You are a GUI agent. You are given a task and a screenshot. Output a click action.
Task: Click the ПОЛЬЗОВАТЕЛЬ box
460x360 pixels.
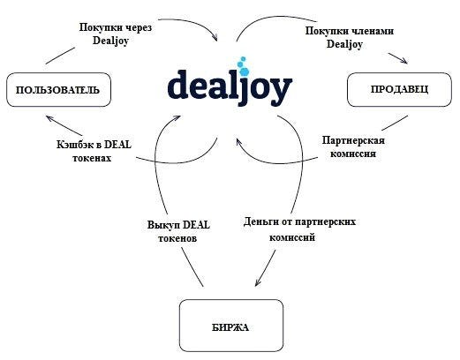tap(58, 90)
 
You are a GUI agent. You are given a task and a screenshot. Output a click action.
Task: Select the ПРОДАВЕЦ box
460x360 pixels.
tap(399, 89)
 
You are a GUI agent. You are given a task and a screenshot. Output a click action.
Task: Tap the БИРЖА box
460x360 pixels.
tap(231, 326)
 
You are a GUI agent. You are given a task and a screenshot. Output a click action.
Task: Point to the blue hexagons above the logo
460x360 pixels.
tap(243, 65)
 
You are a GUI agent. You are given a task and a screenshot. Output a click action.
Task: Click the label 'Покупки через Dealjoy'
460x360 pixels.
tap(116, 34)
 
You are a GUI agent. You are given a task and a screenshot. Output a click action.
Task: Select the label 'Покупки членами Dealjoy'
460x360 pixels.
tap(349, 37)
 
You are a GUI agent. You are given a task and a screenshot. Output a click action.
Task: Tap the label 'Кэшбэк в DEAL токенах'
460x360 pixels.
tap(94, 151)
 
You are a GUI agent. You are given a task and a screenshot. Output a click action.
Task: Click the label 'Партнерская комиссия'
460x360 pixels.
tap(353, 146)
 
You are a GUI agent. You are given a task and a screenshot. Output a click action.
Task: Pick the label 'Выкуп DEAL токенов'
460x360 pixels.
tap(178, 231)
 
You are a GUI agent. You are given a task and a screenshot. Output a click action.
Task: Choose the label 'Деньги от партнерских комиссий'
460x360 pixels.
tap(299, 229)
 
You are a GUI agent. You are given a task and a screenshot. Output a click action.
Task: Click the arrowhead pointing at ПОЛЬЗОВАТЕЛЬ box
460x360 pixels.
tap(49, 117)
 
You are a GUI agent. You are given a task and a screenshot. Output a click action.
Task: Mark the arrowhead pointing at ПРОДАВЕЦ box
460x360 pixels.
tap(404, 61)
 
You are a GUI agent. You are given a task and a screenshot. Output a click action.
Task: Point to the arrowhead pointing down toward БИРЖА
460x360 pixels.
tap(257, 282)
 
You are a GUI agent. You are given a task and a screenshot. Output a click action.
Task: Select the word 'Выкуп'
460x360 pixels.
tap(161, 225)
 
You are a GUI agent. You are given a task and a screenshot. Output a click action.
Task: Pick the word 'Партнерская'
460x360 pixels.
tap(353, 140)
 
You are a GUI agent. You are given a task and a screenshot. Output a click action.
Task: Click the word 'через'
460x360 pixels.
tap(139, 28)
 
